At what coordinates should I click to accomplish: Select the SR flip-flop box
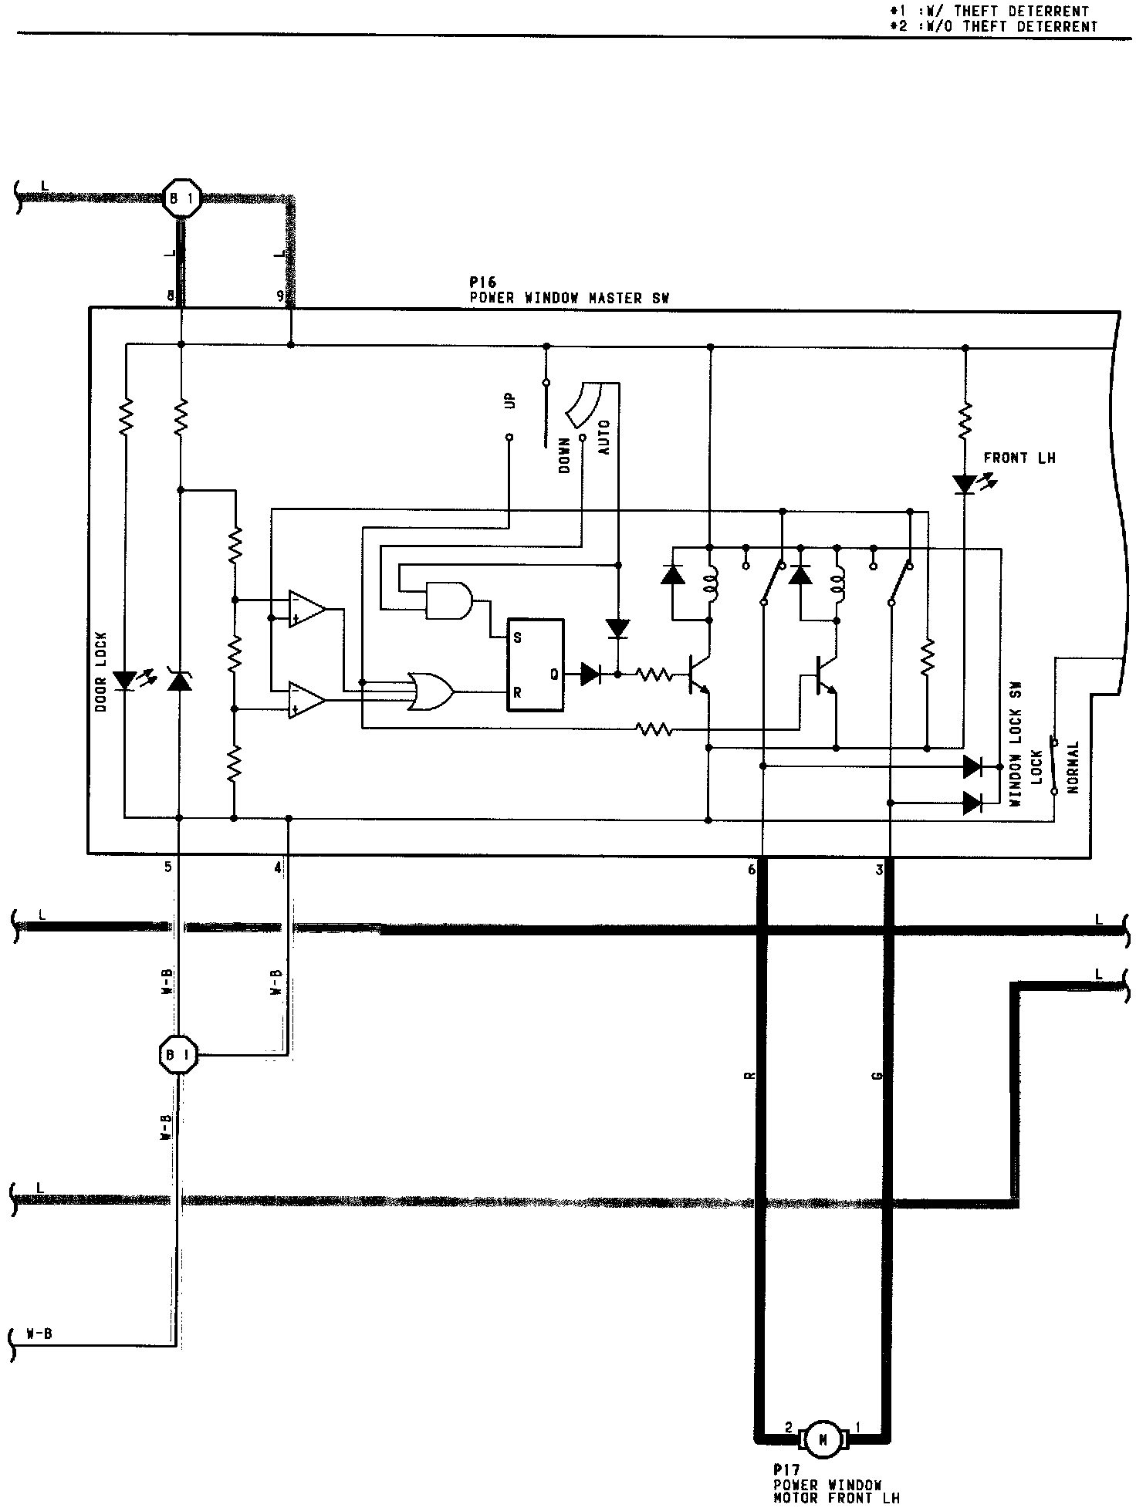(535, 664)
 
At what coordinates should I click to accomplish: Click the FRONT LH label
(1019, 458)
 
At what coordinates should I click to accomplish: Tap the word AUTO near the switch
(604, 437)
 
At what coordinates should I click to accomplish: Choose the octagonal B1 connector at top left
(182, 199)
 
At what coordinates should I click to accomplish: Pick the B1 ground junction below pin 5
(178, 1053)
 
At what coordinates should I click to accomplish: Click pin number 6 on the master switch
(752, 870)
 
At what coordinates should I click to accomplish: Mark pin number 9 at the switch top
(280, 296)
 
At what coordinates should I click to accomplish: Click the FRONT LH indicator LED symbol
(965, 485)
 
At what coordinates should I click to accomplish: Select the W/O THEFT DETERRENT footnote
(993, 26)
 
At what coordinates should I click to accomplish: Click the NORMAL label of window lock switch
(1073, 768)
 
